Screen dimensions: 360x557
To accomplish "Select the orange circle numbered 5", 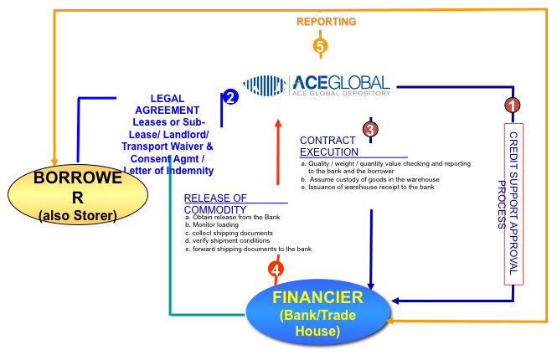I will click(x=319, y=45).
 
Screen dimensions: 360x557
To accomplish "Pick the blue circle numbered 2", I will click(x=231, y=96).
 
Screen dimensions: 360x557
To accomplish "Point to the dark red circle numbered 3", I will click(x=370, y=129).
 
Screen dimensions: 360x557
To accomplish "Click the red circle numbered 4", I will click(x=276, y=270).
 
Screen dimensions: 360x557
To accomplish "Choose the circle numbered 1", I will click(x=511, y=105).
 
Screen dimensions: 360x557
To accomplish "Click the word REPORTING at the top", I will click(x=327, y=21).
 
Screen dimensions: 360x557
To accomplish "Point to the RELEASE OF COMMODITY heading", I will click(x=215, y=203).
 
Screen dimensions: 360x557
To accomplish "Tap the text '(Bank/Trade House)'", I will click(x=317, y=323).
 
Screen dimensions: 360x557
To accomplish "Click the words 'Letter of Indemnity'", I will click(x=168, y=170).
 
